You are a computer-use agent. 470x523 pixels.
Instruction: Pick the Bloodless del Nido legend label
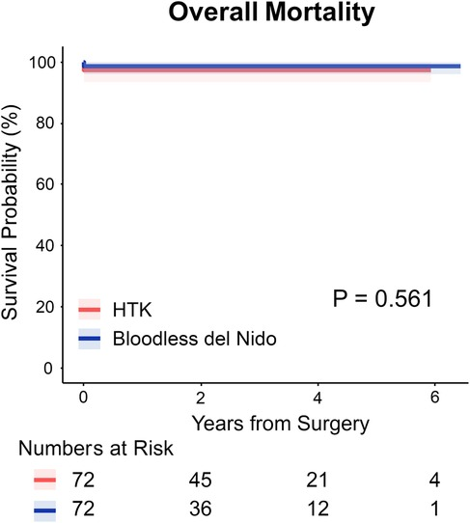(x=186, y=337)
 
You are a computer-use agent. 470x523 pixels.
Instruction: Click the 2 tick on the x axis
(x=200, y=397)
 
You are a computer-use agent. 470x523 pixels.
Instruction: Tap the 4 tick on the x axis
(x=318, y=397)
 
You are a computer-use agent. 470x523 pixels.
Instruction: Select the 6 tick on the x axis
(x=434, y=397)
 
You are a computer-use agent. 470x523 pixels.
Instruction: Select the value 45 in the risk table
(x=200, y=481)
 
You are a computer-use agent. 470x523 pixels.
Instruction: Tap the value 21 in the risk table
(x=318, y=481)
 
